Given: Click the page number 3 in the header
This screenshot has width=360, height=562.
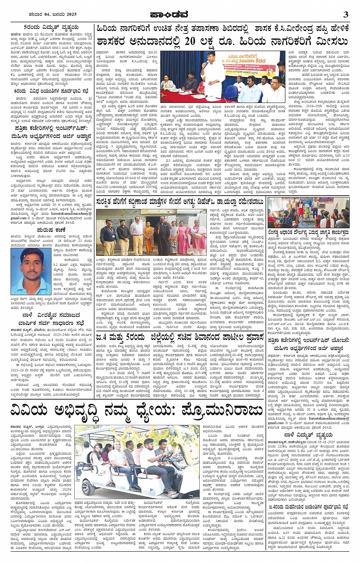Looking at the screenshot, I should (346, 15).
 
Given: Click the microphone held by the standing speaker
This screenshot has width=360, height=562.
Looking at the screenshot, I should (204, 64).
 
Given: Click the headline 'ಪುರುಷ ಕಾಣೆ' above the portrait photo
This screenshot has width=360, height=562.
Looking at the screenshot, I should (51, 230).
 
